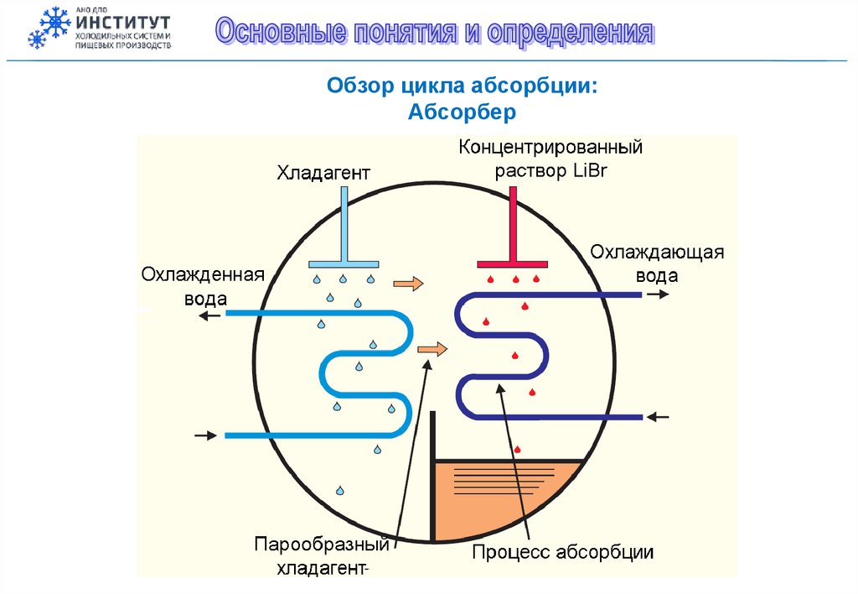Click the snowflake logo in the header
(x=49, y=28)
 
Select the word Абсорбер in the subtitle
(x=461, y=112)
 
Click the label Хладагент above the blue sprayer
(x=323, y=174)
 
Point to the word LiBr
(x=589, y=170)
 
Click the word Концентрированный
(x=550, y=148)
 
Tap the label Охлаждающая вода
(x=657, y=263)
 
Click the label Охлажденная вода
(x=203, y=287)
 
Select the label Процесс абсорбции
(x=562, y=551)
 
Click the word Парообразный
(x=323, y=545)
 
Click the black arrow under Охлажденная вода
(x=209, y=315)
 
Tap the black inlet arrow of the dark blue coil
(x=659, y=416)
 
